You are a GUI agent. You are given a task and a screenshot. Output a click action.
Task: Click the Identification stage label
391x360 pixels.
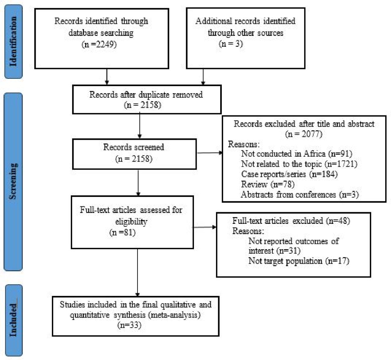point(13,42)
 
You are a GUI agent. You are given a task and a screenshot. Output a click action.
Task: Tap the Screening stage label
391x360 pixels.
point(13,182)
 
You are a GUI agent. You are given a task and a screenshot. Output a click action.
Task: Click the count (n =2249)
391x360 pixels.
point(99,45)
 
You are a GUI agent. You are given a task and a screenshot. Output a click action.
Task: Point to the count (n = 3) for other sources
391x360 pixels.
point(231,44)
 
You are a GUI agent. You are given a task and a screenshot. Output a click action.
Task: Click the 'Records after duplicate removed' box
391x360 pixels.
point(147,100)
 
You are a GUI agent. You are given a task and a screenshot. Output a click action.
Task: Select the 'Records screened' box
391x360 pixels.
point(134,154)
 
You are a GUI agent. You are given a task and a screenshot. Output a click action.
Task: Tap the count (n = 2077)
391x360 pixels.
point(304,134)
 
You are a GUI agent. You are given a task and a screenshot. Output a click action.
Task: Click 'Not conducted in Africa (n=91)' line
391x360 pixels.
point(297,154)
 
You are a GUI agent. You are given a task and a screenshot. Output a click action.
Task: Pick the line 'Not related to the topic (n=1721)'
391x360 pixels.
point(299,164)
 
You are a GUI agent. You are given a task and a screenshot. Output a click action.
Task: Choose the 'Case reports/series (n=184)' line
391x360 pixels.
point(289,174)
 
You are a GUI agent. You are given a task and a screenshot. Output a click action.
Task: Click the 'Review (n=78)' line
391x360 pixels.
point(268,184)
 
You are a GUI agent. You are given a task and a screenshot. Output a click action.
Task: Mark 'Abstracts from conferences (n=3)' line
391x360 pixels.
point(300,195)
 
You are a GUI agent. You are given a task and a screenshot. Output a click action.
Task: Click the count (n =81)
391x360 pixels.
point(122,233)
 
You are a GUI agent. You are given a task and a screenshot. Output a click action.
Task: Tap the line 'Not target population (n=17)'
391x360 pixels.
point(299,261)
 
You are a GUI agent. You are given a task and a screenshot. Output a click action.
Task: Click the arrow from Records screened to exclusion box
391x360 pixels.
point(210,153)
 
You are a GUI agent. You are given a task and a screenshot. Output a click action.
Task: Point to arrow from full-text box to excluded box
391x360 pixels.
point(204,227)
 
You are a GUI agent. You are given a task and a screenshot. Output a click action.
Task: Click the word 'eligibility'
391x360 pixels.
point(131,222)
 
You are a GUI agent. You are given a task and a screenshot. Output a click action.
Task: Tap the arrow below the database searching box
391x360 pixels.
point(107,77)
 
